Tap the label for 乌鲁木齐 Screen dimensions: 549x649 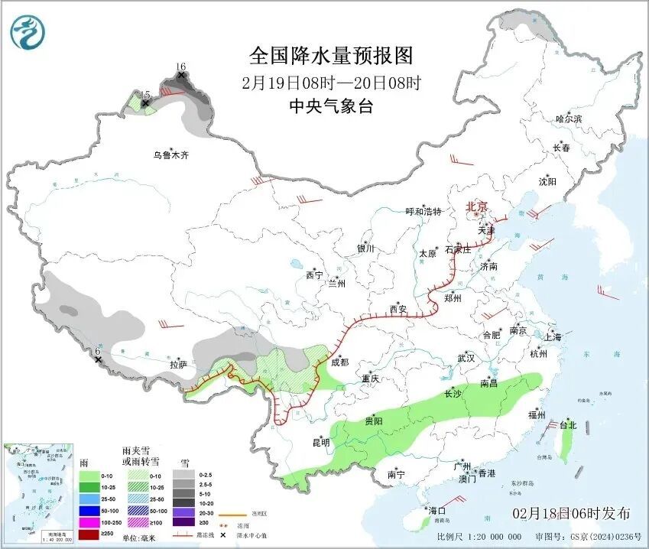pos(170,155)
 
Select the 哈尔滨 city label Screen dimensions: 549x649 pos(569,119)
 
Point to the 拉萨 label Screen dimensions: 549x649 pos(178,365)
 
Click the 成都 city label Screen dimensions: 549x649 pos(340,362)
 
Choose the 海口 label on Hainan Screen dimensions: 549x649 pos(437,510)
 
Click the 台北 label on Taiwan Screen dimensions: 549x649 pos(567,425)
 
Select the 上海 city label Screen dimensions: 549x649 pos(553,337)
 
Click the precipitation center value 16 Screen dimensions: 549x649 pos(181,67)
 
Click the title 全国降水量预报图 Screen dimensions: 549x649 pos(331,56)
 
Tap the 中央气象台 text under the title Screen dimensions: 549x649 pos(331,106)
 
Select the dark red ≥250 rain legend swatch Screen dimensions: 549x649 pos(90,534)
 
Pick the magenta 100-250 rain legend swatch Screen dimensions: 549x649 pos(90,522)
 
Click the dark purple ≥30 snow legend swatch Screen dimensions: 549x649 pos(183,522)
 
